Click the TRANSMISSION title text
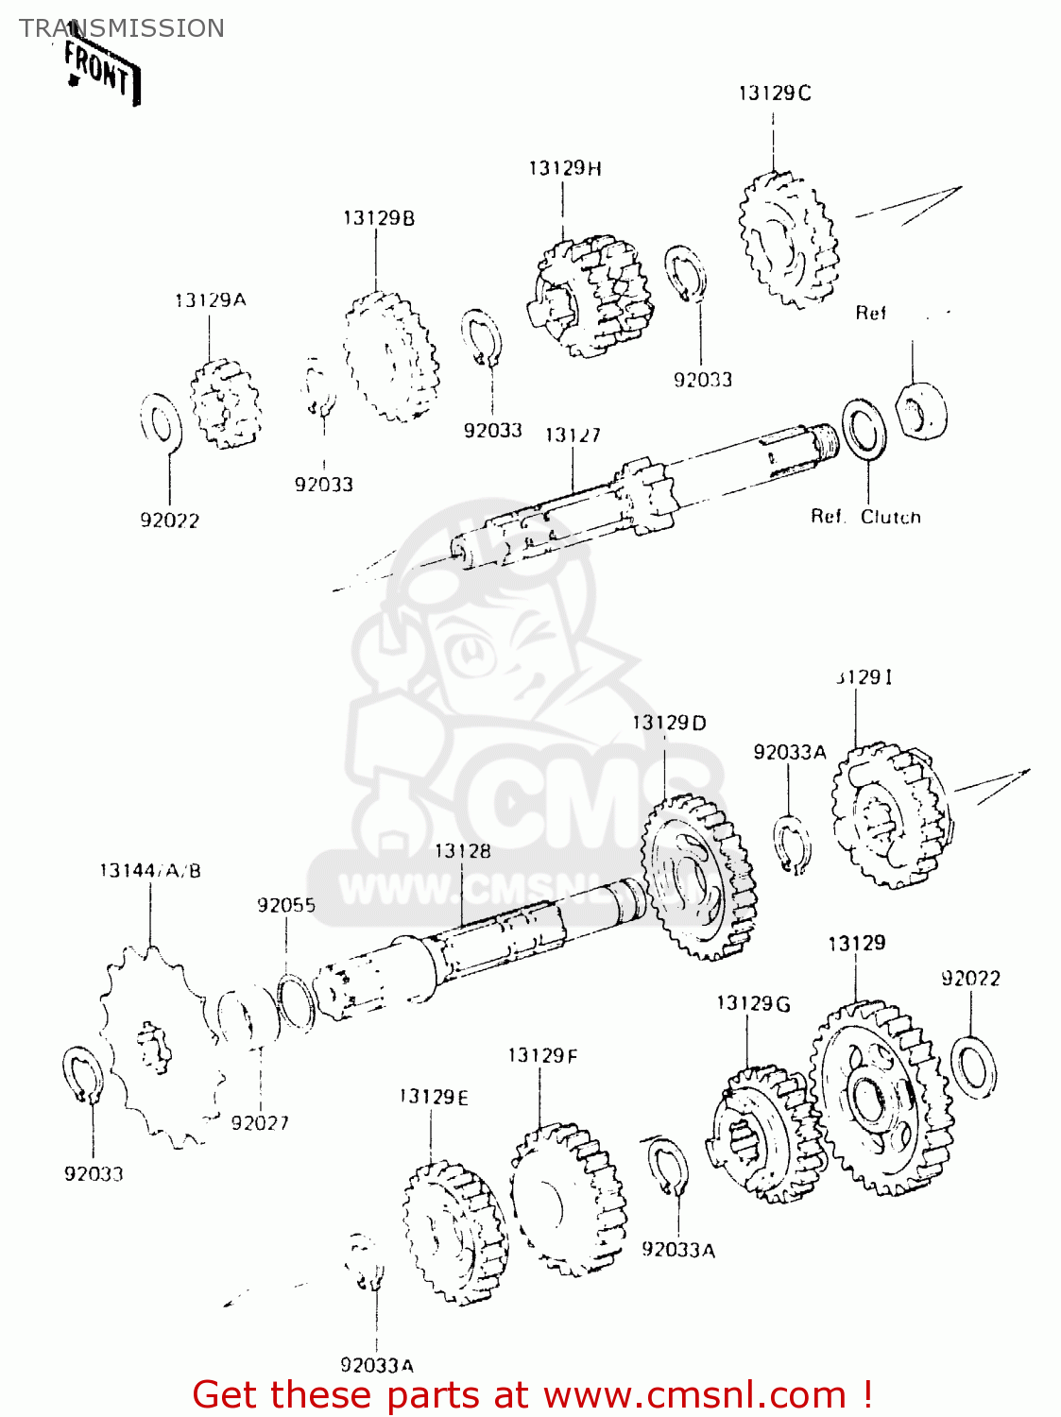(122, 28)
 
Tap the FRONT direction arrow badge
(102, 71)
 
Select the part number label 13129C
(774, 93)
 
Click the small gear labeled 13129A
(225, 403)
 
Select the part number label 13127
(573, 435)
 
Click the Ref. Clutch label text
(865, 517)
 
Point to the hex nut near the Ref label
(921, 410)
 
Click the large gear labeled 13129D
(698, 878)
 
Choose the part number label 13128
(462, 851)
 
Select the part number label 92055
(286, 905)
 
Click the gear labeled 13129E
(453, 1233)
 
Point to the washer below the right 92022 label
(972, 1067)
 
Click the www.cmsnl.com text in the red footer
(694, 1394)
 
